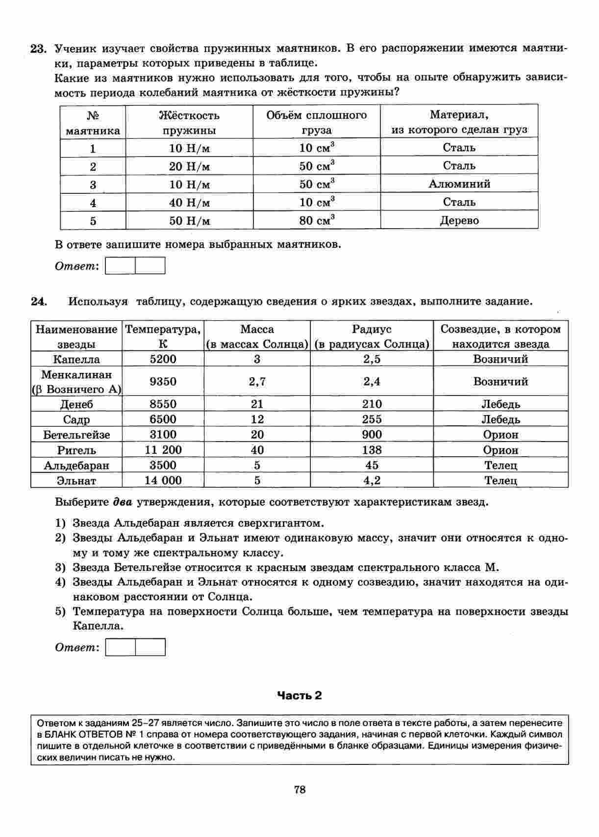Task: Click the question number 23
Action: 38,49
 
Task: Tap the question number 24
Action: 38,301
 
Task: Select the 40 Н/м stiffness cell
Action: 189,203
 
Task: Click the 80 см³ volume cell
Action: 317,220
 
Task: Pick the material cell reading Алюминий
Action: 459,184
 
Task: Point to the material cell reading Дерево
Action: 459,220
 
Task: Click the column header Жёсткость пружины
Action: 189,123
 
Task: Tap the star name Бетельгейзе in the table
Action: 76,435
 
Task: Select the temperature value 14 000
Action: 163,480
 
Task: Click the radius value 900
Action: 372,435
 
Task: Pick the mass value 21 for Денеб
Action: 257,404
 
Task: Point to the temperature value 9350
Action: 163,382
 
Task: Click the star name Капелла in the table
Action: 76,359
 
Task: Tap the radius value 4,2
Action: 372,480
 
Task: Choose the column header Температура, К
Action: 163,337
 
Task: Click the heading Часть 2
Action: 299,695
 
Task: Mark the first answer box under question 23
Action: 121,266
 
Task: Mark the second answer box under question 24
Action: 150,647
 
